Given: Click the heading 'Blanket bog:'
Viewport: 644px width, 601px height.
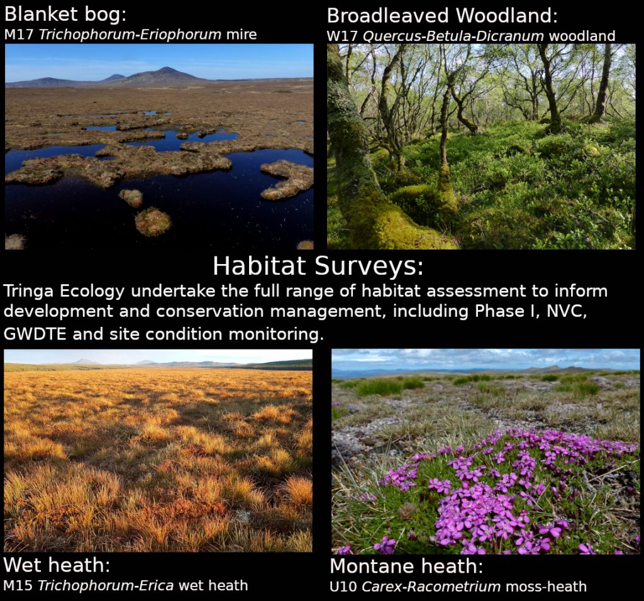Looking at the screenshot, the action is pos(65,14).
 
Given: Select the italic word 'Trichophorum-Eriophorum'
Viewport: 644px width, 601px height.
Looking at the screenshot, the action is pos(130,35).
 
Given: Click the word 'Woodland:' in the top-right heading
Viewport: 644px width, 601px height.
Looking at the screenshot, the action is pos(507,16).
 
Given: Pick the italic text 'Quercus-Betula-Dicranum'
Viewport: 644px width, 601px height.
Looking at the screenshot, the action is pos(453,36).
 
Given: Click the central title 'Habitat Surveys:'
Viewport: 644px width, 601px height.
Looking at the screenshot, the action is pos(318,266).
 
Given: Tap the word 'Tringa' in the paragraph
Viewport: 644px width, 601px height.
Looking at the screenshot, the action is pos(29,292).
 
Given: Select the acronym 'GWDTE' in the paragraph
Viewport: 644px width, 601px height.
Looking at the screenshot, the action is pos(35,334).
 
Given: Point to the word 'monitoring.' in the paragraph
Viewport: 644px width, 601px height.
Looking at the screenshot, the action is pos(276,334).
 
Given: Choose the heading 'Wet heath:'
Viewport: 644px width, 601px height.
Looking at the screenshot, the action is pos(57,565).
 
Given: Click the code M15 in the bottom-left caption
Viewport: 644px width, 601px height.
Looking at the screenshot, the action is pos(18,585).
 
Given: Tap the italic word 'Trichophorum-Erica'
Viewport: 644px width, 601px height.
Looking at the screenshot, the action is pos(106,586).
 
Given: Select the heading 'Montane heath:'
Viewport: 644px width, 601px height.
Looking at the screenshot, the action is pos(407,566).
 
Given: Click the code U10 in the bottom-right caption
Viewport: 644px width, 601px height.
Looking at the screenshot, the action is pos(343,587).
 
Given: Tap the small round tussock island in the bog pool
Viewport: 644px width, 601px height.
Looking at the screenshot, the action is pos(152,222).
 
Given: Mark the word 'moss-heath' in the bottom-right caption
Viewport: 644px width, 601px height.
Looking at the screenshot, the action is pos(546,587).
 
